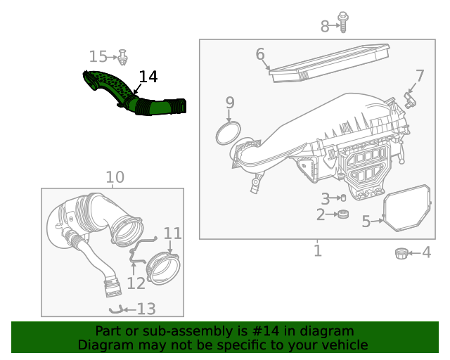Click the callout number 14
(148, 77)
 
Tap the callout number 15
(98, 56)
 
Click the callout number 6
(260, 54)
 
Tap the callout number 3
(325, 199)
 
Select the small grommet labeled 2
(344, 214)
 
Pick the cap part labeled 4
(401, 252)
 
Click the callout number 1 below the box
(318, 250)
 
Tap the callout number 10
(115, 177)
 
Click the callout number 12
(136, 283)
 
